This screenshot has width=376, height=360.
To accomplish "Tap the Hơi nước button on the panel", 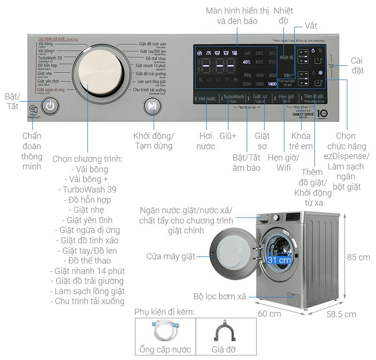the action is [x=207, y=98].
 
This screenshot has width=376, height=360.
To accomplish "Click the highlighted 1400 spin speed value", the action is [x=272, y=84].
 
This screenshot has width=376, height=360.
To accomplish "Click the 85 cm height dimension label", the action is [x=359, y=257].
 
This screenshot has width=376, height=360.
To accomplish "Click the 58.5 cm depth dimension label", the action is [x=341, y=314].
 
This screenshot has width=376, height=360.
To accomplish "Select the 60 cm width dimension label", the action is [x=269, y=313].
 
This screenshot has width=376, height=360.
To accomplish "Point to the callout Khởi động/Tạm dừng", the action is [x=153, y=141].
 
